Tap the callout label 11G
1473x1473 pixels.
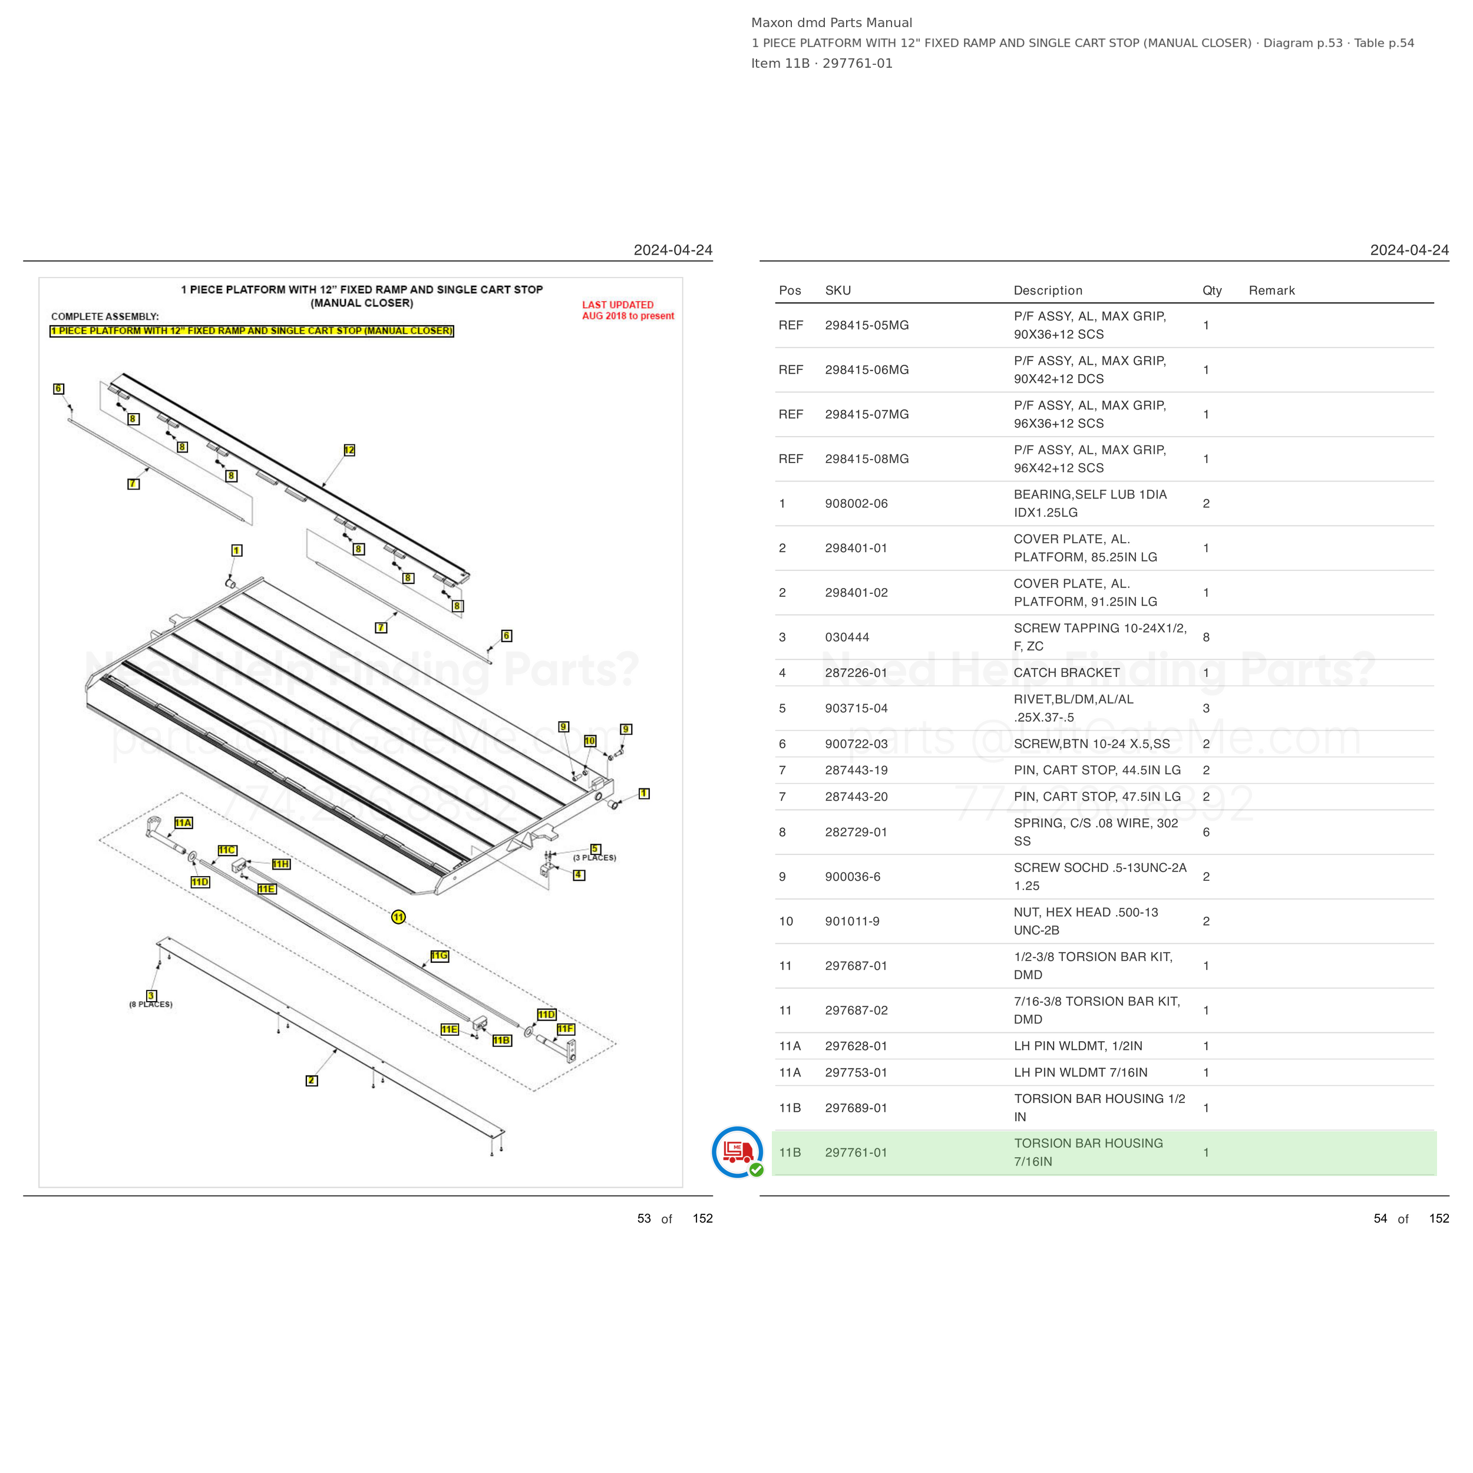[x=440, y=956]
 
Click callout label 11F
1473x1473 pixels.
[x=566, y=1029]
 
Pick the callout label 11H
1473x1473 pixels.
[x=281, y=864]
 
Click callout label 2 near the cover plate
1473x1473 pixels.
[x=312, y=1081]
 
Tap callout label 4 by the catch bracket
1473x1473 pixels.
[x=579, y=876]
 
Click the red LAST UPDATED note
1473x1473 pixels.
[x=628, y=311]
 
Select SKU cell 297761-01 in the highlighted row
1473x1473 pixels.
[x=856, y=1153]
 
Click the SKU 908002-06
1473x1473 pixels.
[x=856, y=504]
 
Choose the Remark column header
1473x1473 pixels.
[x=1271, y=290]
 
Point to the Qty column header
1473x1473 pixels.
[x=1212, y=290]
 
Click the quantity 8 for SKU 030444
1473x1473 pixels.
[x=1206, y=638]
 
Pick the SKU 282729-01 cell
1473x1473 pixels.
[x=856, y=833]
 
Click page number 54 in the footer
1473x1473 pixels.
[x=1380, y=1218]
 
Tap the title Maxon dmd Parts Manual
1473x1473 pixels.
[x=832, y=23]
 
